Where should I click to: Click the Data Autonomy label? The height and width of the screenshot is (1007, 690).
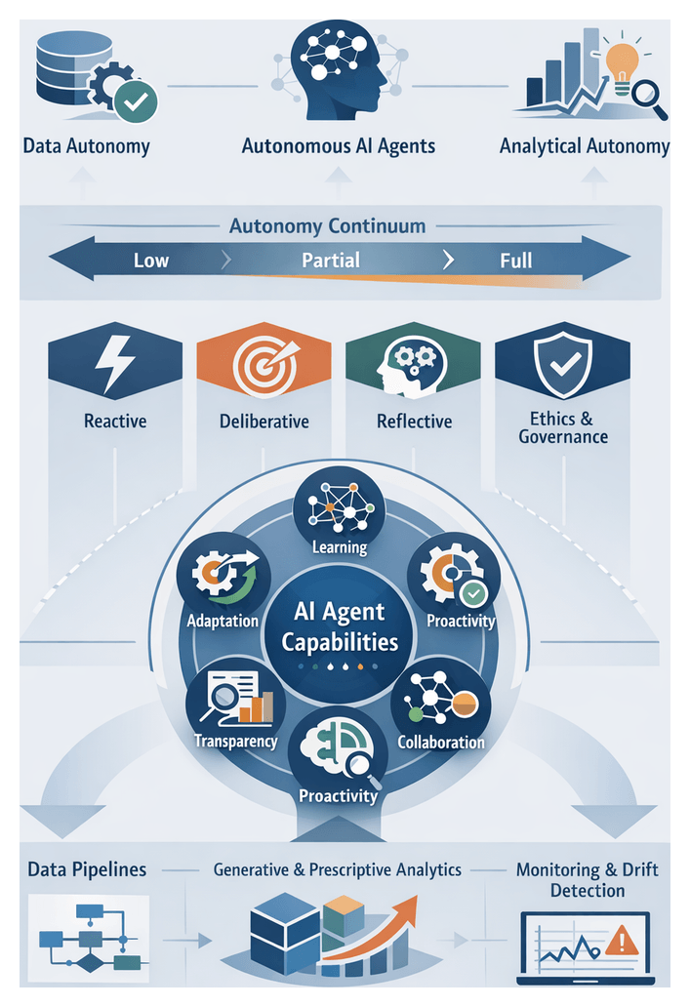[x=86, y=147]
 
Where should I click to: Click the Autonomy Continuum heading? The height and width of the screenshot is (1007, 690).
[x=327, y=226]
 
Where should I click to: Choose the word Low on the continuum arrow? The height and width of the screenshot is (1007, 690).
[x=150, y=261]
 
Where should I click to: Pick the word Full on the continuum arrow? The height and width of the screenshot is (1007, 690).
[x=515, y=261]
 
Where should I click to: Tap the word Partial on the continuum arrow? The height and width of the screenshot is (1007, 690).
[x=330, y=261]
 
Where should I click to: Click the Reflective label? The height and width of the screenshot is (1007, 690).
[x=414, y=422]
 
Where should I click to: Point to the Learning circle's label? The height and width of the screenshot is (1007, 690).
[x=339, y=547]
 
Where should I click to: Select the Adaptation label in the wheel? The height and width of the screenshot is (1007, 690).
[x=222, y=621]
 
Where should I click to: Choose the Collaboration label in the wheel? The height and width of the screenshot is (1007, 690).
[x=440, y=742]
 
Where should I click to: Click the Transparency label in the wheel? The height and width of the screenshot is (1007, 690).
[x=235, y=741]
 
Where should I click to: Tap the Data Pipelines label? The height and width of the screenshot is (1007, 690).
[x=87, y=868]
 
